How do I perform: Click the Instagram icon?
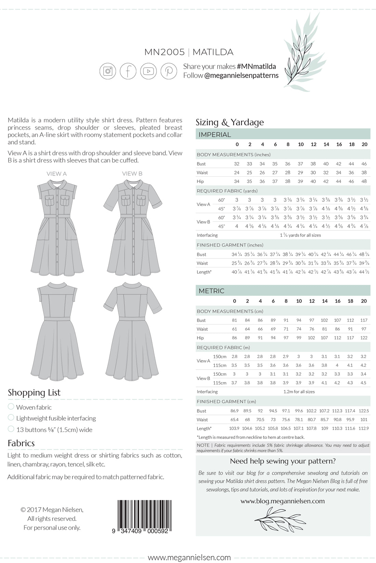(108, 71)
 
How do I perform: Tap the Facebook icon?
(128, 71)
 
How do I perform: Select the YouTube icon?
(148, 71)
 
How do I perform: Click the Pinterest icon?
(169, 71)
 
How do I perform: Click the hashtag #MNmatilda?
(256, 67)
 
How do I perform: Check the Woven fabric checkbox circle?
(11, 406)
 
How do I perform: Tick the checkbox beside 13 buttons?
(11, 429)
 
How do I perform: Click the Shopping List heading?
(34, 392)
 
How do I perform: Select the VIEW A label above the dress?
(57, 174)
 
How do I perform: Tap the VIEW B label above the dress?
(132, 174)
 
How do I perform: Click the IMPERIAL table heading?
(215, 134)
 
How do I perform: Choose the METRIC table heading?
(212, 291)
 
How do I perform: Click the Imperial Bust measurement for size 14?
(326, 164)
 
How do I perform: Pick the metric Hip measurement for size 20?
(364, 338)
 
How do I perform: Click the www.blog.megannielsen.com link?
(282, 501)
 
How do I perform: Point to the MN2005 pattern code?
(164, 52)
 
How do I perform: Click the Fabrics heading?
(21, 443)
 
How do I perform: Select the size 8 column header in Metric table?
(286, 301)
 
